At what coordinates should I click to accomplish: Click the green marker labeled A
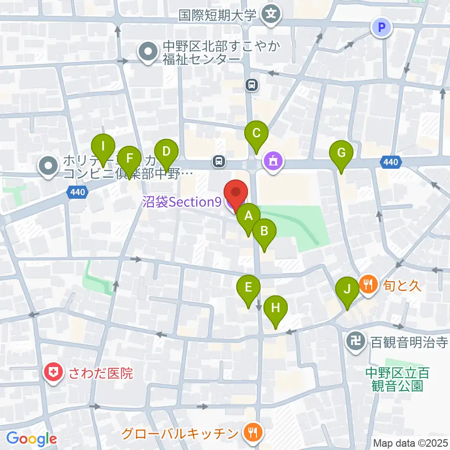[248, 216]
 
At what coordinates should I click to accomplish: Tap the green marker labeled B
[264, 231]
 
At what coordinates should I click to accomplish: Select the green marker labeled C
[256, 133]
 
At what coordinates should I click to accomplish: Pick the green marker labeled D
[166, 152]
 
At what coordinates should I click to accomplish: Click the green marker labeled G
[341, 153]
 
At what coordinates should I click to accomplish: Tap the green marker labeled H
[276, 308]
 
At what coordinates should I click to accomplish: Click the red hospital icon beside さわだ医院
[54, 374]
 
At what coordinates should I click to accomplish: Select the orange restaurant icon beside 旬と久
[369, 284]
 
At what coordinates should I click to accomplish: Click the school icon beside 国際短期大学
[270, 15]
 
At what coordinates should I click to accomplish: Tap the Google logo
[32, 439]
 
